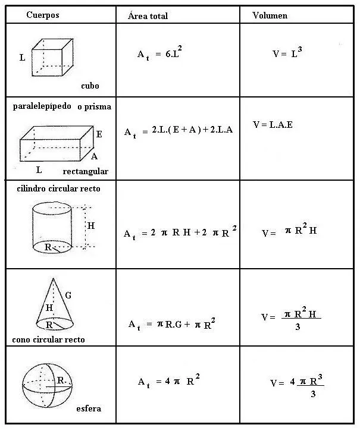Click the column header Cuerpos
tap(42, 14)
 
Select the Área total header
tap(148, 15)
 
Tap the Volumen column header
tap(270, 15)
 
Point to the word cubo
tap(90, 86)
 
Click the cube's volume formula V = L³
tap(288, 52)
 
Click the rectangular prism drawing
tap(57, 143)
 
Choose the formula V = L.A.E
tap(273, 125)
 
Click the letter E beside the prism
tap(99, 134)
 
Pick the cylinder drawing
tap(51, 226)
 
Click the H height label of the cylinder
tap(91, 226)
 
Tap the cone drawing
tap(55, 303)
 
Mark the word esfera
tap(89, 408)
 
